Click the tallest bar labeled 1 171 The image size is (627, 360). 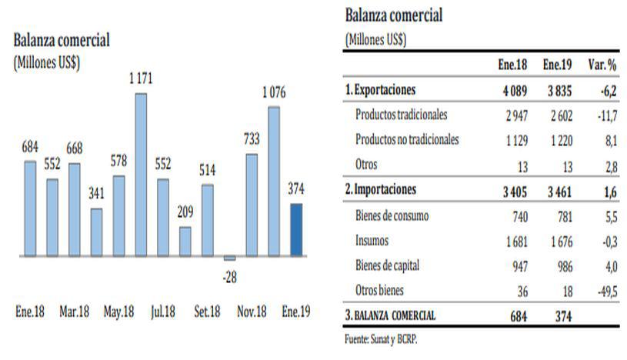[x=141, y=175]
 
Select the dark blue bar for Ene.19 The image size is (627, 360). [x=296, y=229]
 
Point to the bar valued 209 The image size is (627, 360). [x=185, y=241]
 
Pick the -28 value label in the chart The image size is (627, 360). [x=229, y=276]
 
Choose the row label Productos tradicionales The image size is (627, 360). [x=402, y=115]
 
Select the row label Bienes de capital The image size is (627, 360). [x=392, y=266]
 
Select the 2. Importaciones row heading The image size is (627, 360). [x=382, y=189]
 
